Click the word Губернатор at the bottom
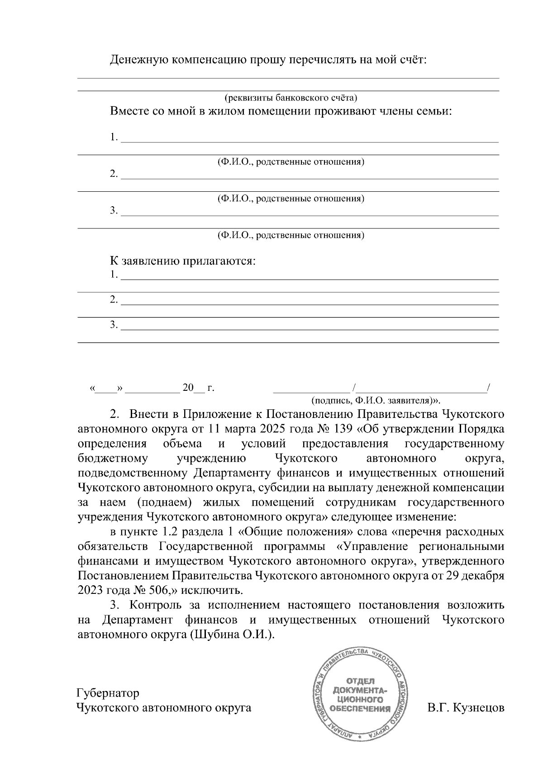click(x=108, y=693)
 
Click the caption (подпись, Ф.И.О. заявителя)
click(x=376, y=400)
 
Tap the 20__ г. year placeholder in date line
click(x=198, y=388)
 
